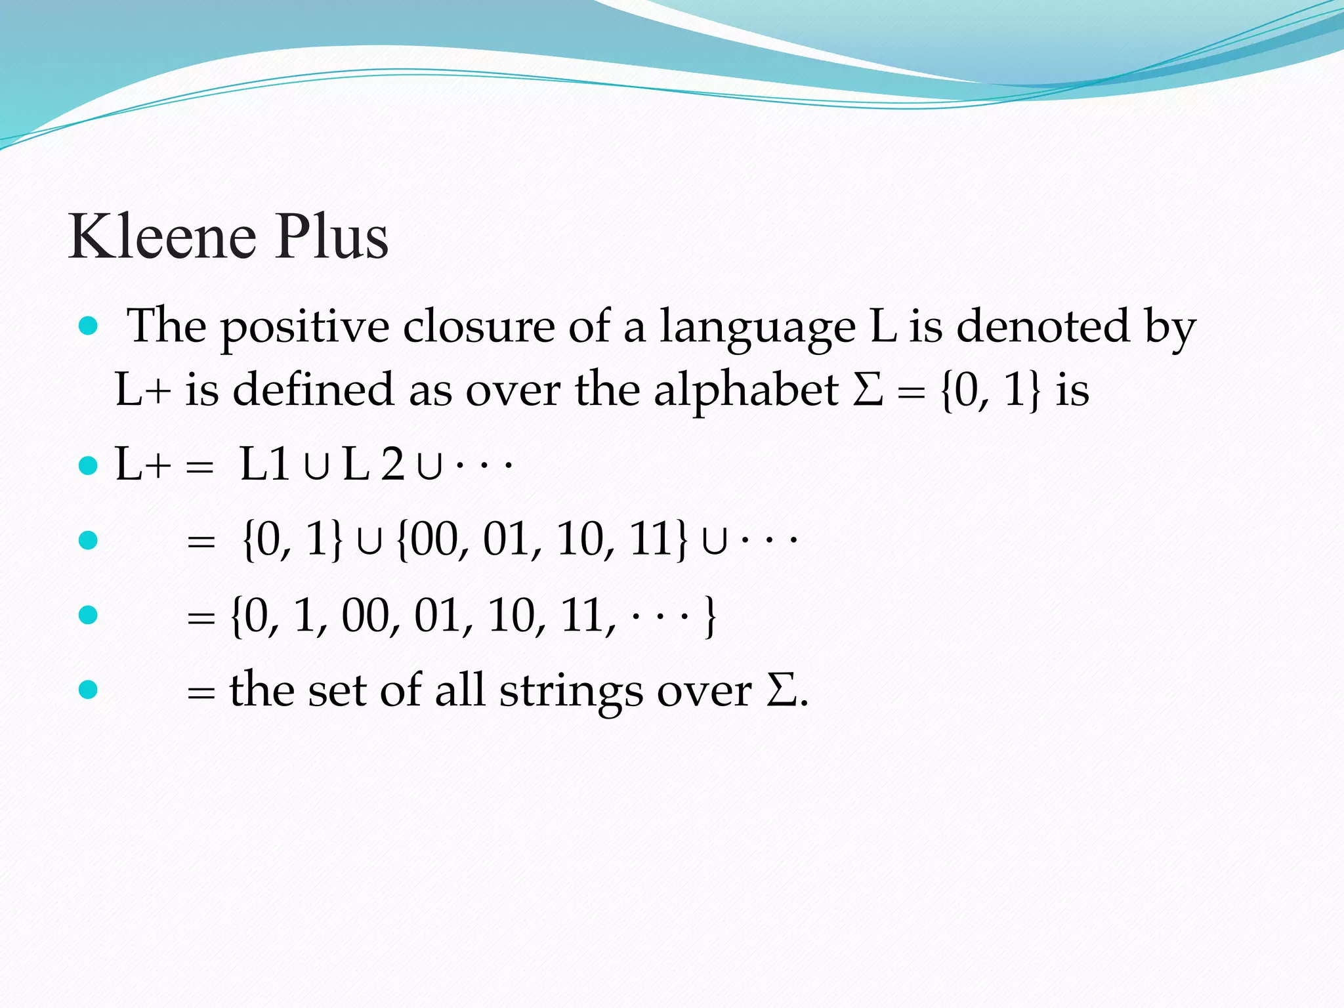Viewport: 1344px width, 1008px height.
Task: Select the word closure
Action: click(478, 325)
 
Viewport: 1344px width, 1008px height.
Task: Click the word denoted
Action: click(1043, 325)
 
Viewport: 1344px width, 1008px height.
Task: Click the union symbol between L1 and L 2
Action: click(316, 467)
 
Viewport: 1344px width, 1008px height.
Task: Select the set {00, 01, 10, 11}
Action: click(542, 540)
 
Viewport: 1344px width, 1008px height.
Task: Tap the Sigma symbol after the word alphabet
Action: click(868, 390)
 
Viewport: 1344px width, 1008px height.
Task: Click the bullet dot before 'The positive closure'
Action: click(88, 325)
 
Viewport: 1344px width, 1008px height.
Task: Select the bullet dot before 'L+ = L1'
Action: click(88, 466)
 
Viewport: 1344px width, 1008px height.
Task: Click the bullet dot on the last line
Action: click(88, 689)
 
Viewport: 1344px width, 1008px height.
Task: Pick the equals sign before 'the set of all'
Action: click(201, 693)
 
